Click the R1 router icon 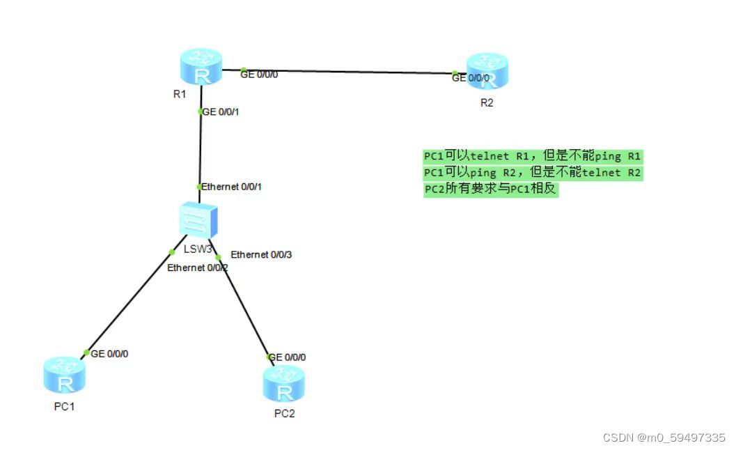(201, 67)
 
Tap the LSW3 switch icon (198, 221)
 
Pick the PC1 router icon (65, 376)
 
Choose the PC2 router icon (284, 384)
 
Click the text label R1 (180, 94)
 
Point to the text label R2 (487, 102)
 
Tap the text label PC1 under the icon (64, 407)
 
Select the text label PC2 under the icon (284, 413)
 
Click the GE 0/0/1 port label (221, 111)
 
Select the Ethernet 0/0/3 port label (261, 254)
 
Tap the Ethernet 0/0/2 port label (198, 267)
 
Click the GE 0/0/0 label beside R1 (259, 74)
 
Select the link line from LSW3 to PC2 (244, 307)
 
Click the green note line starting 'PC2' (491, 189)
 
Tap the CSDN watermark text (664, 437)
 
